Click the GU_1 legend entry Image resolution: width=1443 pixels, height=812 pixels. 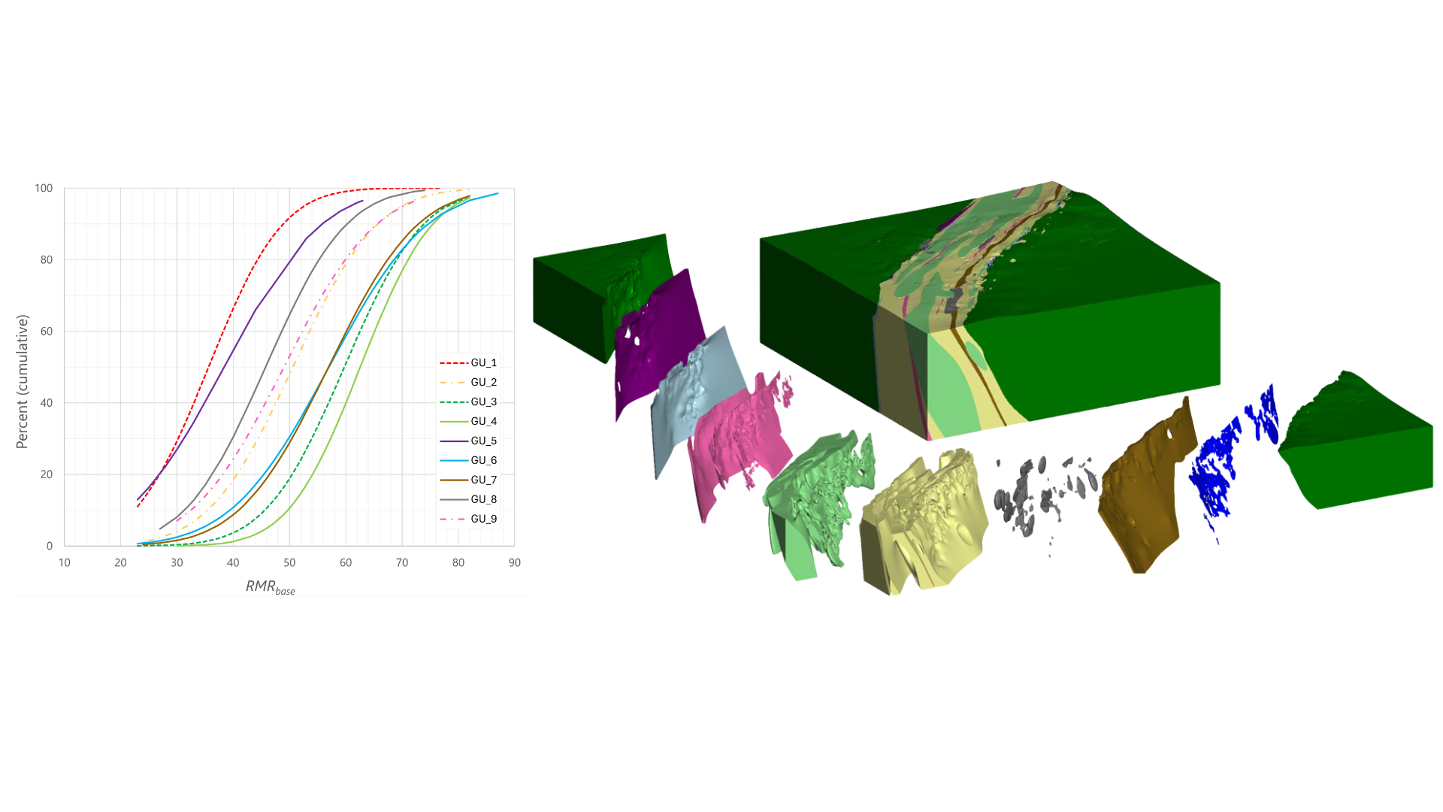click(468, 363)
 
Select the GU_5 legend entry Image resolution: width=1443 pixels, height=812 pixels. click(468, 441)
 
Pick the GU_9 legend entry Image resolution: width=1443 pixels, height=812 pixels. click(468, 520)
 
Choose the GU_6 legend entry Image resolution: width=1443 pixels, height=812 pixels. click(468, 461)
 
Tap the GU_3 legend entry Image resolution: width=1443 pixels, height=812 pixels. click(468, 402)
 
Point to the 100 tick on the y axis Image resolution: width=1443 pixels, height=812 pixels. click(44, 188)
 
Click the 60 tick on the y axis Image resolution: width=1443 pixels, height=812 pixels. click(47, 332)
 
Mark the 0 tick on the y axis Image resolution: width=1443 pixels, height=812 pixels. click(50, 546)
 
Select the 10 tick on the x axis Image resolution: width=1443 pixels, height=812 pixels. click(65, 562)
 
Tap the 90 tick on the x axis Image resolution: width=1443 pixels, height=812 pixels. click(515, 562)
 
